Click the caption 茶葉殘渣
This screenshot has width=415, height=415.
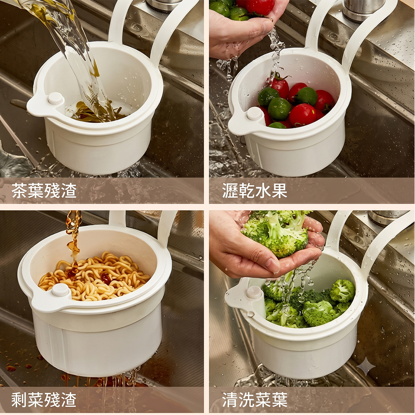44,190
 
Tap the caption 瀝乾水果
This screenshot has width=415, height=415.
255,190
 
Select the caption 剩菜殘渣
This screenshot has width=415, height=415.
44,399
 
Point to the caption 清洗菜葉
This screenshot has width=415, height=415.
255,399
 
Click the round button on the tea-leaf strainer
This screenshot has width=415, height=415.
55,98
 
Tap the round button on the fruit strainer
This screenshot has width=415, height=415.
254,113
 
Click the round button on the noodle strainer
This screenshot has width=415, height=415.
60,290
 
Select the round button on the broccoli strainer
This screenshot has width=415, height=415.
254,292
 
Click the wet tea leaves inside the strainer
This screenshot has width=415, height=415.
98,112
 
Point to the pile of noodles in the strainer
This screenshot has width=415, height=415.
94,276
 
